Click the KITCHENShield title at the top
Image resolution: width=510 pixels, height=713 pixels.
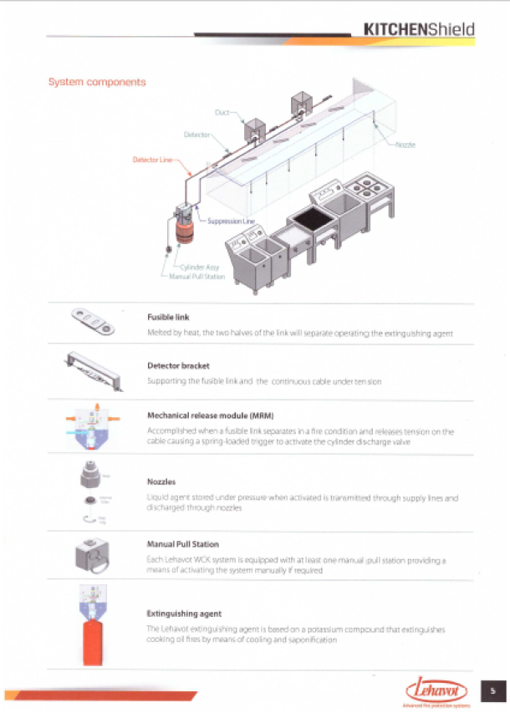coord(419,29)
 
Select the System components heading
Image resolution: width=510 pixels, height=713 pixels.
coord(97,82)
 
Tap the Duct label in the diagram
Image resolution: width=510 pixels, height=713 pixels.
coord(222,111)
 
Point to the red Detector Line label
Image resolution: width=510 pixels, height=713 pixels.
coord(152,160)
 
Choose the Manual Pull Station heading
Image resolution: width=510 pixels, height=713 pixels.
coord(183,544)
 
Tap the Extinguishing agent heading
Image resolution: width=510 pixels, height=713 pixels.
coord(184,613)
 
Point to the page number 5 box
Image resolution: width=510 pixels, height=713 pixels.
coord(493,690)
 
